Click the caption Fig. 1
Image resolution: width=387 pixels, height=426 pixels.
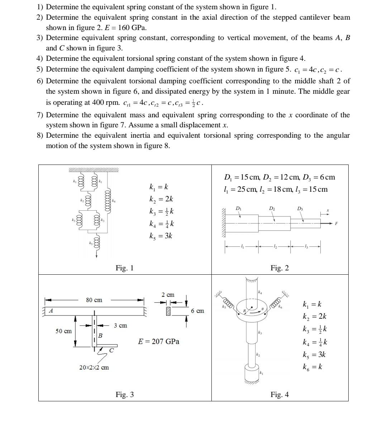(x=124, y=268)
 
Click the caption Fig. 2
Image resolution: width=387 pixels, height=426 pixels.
(x=279, y=268)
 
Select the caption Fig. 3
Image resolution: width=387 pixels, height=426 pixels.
(x=124, y=395)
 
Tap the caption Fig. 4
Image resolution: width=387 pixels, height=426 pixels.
(x=279, y=395)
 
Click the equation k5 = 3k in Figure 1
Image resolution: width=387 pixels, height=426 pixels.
(x=161, y=236)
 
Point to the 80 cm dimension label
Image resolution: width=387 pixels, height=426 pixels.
(x=94, y=300)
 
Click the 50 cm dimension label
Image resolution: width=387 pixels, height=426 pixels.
(x=63, y=331)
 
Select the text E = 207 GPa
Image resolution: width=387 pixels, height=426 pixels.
(x=159, y=342)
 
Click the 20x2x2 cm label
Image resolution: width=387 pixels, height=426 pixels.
(x=94, y=367)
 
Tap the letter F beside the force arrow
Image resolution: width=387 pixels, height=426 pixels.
(x=336, y=224)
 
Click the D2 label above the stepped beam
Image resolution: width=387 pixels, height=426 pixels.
(x=272, y=208)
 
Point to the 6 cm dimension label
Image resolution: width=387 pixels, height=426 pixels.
(x=197, y=311)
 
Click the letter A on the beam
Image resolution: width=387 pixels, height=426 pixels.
(x=51, y=311)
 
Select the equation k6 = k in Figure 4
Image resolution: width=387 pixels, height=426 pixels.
(x=312, y=367)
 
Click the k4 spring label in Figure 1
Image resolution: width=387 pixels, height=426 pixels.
(x=114, y=201)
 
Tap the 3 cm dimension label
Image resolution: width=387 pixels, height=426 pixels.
(x=120, y=325)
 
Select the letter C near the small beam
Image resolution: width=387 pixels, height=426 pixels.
(x=111, y=350)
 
